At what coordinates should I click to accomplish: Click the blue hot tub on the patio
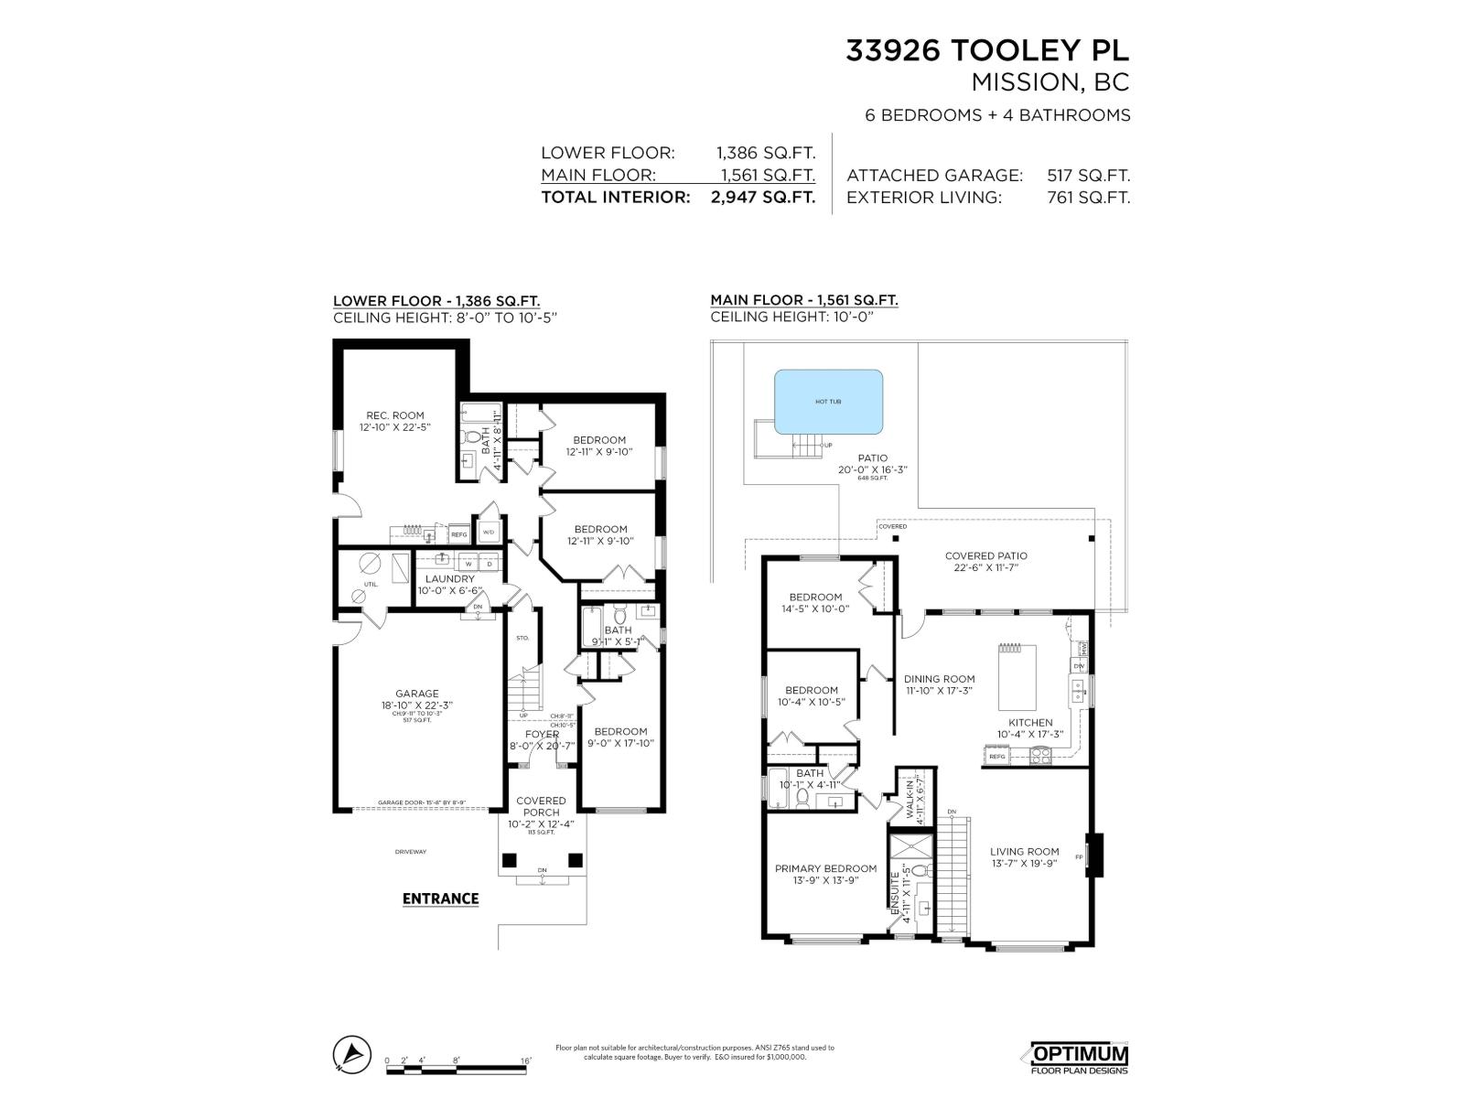coord(828,402)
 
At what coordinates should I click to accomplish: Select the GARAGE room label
coord(417,694)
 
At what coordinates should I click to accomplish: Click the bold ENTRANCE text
coord(441,899)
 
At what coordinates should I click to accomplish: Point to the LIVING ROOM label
coord(1024,852)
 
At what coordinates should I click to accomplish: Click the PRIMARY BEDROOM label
coord(825,868)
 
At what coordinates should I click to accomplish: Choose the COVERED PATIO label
coord(985,555)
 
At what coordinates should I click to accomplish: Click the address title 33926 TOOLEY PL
coord(987,51)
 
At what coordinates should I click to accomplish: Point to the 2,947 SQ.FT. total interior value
coord(762,197)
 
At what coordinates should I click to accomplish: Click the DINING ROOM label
coord(939,679)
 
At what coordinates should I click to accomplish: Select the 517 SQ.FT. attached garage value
coord(1088,175)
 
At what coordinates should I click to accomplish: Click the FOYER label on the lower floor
coord(542,734)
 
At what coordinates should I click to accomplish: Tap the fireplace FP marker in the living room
coord(1081,857)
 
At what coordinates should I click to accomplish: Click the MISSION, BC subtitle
coord(1050,82)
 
